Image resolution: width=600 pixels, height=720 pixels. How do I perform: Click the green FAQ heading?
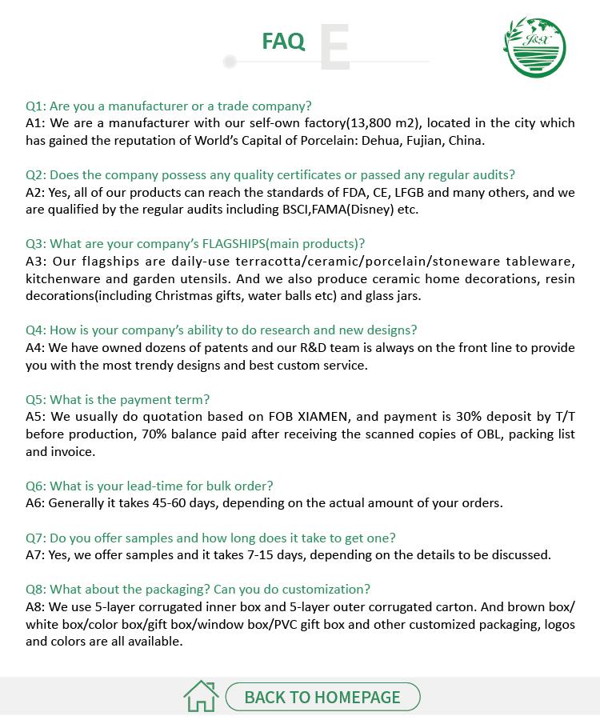pyautogui.click(x=283, y=42)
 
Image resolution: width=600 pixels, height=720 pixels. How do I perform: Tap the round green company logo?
pyautogui.click(x=534, y=47)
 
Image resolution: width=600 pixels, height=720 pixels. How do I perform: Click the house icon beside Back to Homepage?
pyautogui.click(x=201, y=696)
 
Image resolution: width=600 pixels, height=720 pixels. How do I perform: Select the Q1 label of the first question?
pyautogui.click(x=36, y=106)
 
